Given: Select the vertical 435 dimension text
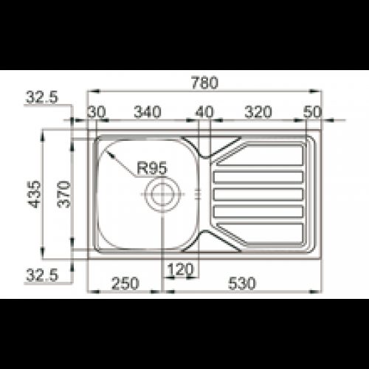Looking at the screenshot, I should click(32, 193).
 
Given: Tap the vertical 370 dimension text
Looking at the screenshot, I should click(64, 193).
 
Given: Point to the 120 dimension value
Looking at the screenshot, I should click(179, 269).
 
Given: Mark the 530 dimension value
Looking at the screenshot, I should click(244, 282).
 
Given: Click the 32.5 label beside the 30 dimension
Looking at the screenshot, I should click(41, 97).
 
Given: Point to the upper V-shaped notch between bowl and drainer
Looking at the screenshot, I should click(206, 157).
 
